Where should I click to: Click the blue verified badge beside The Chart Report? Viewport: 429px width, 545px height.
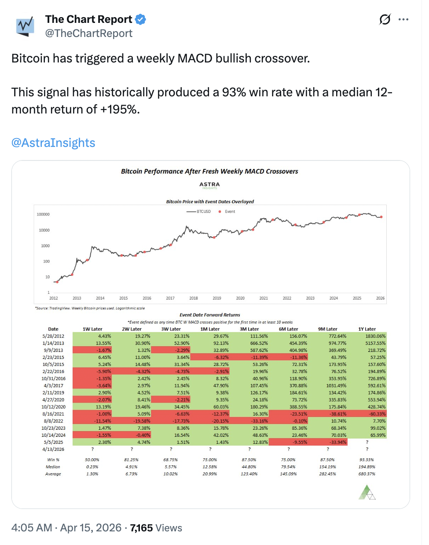(x=140, y=19)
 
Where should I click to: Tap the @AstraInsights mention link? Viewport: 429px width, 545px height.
(x=53, y=143)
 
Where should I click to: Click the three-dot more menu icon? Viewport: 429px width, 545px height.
(x=403, y=19)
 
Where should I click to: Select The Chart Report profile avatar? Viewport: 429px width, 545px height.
(x=25, y=26)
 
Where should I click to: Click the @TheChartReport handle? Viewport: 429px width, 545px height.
(x=88, y=34)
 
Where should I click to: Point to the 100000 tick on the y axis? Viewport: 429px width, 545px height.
(x=43, y=215)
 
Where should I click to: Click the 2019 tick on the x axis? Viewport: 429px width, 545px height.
(x=217, y=298)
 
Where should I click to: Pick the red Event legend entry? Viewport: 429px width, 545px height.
(x=227, y=212)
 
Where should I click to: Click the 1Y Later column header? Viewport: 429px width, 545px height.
(x=367, y=329)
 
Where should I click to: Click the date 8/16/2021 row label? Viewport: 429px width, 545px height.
(x=53, y=414)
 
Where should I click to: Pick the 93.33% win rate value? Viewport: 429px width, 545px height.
(x=367, y=460)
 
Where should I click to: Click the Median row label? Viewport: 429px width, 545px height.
(x=53, y=467)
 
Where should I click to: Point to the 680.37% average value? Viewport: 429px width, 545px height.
(x=367, y=474)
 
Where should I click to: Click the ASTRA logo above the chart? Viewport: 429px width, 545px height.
(x=209, y=185)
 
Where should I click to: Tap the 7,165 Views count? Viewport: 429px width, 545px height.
(x=156, y=528)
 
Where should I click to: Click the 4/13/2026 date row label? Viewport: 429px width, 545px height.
(x=53, y=449)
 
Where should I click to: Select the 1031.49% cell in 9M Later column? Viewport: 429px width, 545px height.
(x=336, y=386)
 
